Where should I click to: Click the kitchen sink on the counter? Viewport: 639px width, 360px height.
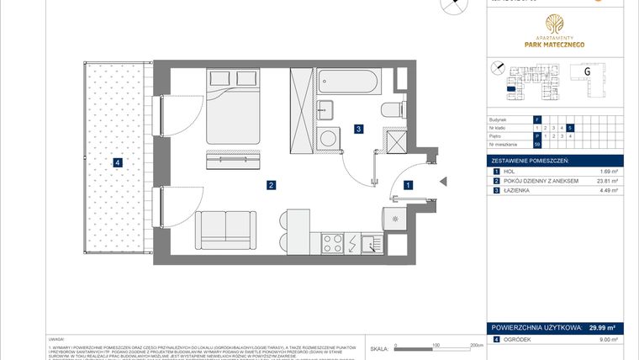(369, 244)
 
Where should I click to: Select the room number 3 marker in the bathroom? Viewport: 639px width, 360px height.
(358, 129)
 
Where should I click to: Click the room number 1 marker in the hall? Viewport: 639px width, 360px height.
(408, 184)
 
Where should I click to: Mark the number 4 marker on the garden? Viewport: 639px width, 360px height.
(119, 163)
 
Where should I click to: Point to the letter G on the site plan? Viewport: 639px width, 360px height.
(586, 71)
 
